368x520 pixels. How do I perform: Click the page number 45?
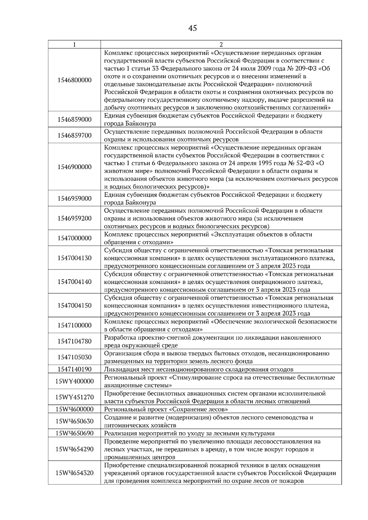pos(193,28)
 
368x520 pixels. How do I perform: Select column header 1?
pos(75,44)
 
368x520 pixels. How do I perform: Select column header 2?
pos(221,44)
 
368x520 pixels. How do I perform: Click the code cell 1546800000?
pos(75,80)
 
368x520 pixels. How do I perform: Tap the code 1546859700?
pos(75,135)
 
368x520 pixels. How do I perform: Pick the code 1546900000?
pos(75,167)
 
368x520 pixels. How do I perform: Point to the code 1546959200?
pos(75,218)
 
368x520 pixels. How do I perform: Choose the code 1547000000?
pos(75,238)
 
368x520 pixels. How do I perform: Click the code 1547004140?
pos(75,282)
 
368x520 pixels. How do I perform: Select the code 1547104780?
pos(75,341)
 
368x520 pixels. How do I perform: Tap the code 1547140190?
pos(75,369)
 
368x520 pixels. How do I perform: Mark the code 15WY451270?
pos(75,397)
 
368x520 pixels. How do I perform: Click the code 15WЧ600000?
pos(75,409)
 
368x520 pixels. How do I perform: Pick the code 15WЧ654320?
pos(75,473)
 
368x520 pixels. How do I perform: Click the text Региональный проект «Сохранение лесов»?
pos(166,409)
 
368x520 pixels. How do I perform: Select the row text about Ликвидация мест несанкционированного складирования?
pos(199,369)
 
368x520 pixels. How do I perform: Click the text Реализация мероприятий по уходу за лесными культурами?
pos(189,433)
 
